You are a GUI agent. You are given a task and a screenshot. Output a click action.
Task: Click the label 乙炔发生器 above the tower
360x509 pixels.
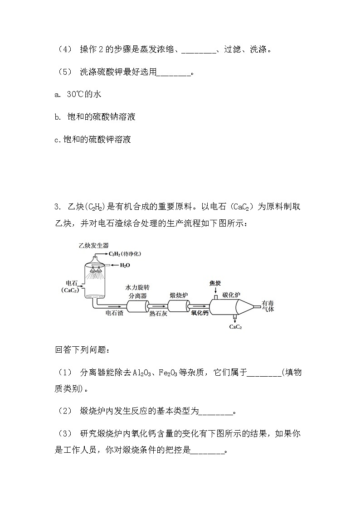point(93,245)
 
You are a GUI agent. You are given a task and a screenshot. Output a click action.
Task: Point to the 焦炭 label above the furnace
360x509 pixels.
point(215,283)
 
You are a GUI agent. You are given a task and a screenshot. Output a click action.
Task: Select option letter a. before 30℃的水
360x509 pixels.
point(57,94)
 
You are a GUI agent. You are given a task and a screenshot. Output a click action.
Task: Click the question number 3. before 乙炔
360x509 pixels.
point(57,207)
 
